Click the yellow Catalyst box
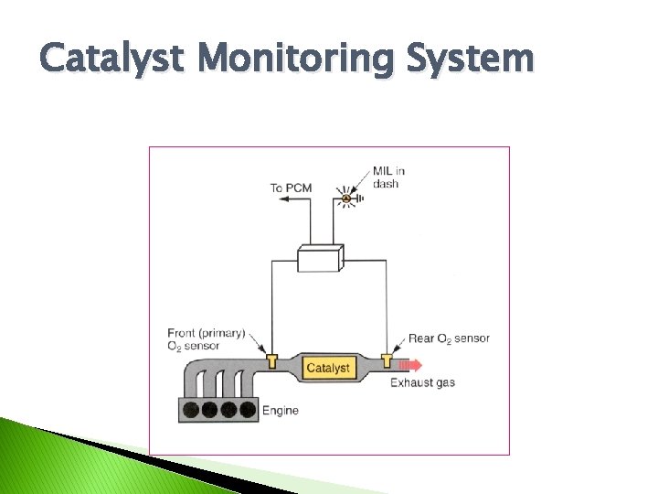pyautogui.click(x=327, y=368)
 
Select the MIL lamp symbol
pyautogui.click(x=346, y=199)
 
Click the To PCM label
pyautogui.click(x=291, y=188)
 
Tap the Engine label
pyautogui.click(x=281, y=411)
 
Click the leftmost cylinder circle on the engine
pyautogui.click(x=191, y=410)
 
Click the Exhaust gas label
pyautogui.click(x=422, y=382)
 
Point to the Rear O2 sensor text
pyautogui.click(x=449, y=338)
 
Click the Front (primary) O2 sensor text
pyautogui.click(x=207, y=339)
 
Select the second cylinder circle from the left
pyautogui.click(x=210, y=410)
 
